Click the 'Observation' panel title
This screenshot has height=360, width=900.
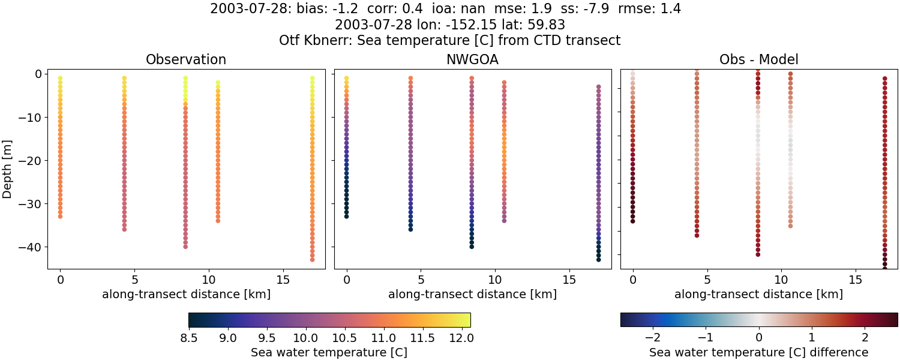click(186, 60)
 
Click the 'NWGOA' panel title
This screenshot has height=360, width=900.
click(472, 60)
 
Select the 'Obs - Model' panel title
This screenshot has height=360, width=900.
click(758, 60)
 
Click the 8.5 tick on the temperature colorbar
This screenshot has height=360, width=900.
click(189, 338)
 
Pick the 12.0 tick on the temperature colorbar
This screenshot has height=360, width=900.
click(463, 338)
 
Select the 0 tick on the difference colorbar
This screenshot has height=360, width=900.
click(759, 338)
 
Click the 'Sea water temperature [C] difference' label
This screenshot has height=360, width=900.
click(758, 352)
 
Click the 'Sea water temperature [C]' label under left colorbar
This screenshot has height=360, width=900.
click(329, 352)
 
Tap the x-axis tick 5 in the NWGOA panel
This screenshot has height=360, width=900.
click(421, 280)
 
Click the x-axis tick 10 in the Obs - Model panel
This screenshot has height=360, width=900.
click(781, 280)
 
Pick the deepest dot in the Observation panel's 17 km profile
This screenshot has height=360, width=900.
click(312, 259)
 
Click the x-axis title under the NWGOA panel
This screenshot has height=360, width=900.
click(472, 295)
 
